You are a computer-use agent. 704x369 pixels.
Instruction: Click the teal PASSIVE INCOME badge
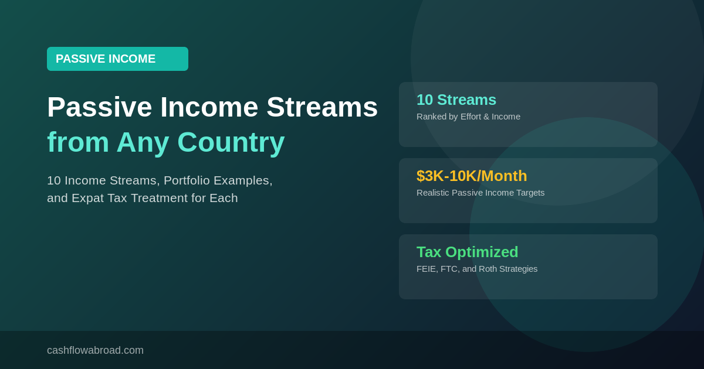[x=117, y=59]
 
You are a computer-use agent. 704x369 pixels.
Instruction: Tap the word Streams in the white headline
[x=321, y=107]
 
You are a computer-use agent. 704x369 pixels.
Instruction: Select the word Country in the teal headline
[x=231, y=142]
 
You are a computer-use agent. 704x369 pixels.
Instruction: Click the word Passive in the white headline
[x=99, y=107]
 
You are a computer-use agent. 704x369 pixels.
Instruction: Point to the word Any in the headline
[x=143, y=142]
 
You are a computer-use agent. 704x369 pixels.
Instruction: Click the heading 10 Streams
[x=456, y=100]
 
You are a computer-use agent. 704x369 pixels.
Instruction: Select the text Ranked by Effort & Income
[x=468, y=117]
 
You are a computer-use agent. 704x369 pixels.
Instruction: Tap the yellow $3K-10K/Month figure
[x=472, y=176]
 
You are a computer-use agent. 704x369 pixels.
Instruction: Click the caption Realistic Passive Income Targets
[x=480, y=193]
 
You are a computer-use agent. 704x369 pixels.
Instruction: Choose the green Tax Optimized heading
[x=467, y=252]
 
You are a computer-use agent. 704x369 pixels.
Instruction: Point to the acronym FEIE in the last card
[x=427, y=269]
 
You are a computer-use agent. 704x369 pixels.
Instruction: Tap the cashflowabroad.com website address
[x=95, y=350]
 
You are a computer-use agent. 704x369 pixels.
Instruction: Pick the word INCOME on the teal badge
[x=132, y=59]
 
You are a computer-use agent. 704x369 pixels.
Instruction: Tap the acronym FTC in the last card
[x=449, y=269]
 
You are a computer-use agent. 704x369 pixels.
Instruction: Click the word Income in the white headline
[x=209, y=107]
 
